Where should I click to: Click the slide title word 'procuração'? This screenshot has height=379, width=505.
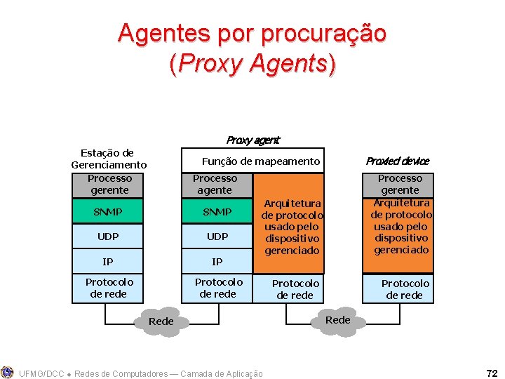(x=322, y=33)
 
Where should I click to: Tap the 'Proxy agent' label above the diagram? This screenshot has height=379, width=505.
(x=252, y=140)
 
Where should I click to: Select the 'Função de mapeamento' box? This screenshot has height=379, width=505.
(x=253, y=161)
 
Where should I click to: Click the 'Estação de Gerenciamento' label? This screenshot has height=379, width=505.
(x=108, y=159)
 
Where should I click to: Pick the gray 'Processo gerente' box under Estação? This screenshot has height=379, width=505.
(x=109, y=185)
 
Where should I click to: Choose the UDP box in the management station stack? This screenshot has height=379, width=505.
(x=108, y=237)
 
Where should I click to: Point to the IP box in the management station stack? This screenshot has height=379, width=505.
(x=108, y=262)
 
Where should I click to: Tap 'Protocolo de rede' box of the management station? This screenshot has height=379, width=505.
(x=109, y=288)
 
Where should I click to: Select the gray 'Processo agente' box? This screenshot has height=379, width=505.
(x=215, y=185)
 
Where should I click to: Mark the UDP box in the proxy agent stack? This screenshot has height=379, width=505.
(x=217, y=237)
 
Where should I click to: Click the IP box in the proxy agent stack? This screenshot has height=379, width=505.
(x=217, y=262)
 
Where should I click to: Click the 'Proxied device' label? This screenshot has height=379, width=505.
(x=397, y=161)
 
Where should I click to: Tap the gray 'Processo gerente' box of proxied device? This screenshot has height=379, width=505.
(x=400, y=185)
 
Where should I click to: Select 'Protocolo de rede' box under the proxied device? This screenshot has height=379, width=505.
(x=405, y=289)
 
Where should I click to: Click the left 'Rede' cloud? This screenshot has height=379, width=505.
(x=161, y=321)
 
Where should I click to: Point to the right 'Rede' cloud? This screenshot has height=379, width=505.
(x=337, y=320)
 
